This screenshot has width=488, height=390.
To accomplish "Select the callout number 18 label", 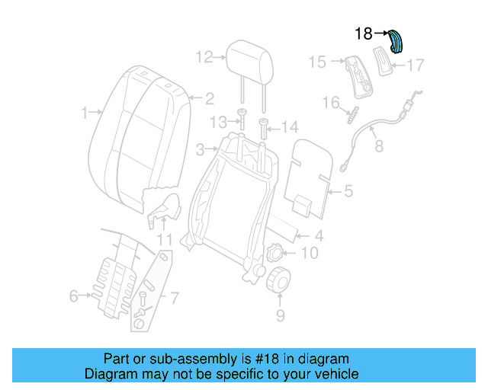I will point(364,34).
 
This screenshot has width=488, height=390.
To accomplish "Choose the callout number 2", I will point(209,97).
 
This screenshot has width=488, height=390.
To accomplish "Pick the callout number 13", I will point(218,122).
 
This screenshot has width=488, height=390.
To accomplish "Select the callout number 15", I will point(317,62).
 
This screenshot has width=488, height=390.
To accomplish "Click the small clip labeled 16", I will point(353,115).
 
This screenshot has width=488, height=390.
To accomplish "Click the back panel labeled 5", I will point(311,171).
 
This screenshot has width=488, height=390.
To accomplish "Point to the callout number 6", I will point(74,296).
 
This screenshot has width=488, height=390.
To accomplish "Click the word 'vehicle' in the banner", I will point(332,375).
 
